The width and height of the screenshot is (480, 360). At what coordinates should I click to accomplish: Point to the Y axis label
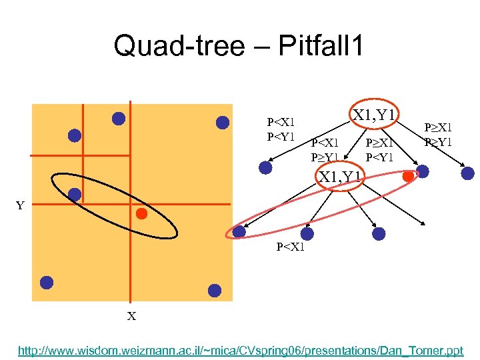pyautogui.click(x=20, y=205)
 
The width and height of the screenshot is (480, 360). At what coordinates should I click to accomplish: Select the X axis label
pyautogui.click(x=131, y=316)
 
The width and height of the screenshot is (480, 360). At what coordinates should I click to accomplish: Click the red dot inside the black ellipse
pyautogui.click(x=141, y=214)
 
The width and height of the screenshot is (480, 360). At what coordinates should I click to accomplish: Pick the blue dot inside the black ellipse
pyautogui.click(x=75, y=195)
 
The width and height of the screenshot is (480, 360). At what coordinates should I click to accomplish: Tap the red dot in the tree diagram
pyautogui.click(x=407, y=176)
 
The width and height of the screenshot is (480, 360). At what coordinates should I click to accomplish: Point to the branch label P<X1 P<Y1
pyautogui.click(x=281, y=129)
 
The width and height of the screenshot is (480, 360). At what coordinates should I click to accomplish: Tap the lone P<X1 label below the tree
pyautogui.click(x=290, y=247)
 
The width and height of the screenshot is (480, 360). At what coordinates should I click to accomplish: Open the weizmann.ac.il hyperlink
pyautogui.click(x=240, y=349)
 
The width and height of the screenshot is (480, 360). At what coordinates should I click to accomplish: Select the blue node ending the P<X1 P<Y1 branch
pyautogui.click(x=265, y=168)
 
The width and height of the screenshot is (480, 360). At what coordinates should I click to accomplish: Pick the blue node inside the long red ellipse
pyautogui.click(x=239, y=231)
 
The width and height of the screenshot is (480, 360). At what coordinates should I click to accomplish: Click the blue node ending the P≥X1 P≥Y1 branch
pyautogui.click(x=467, y=173)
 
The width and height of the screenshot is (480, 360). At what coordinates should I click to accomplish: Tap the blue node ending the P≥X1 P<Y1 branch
pyautogui.click(x=422, y=172)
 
